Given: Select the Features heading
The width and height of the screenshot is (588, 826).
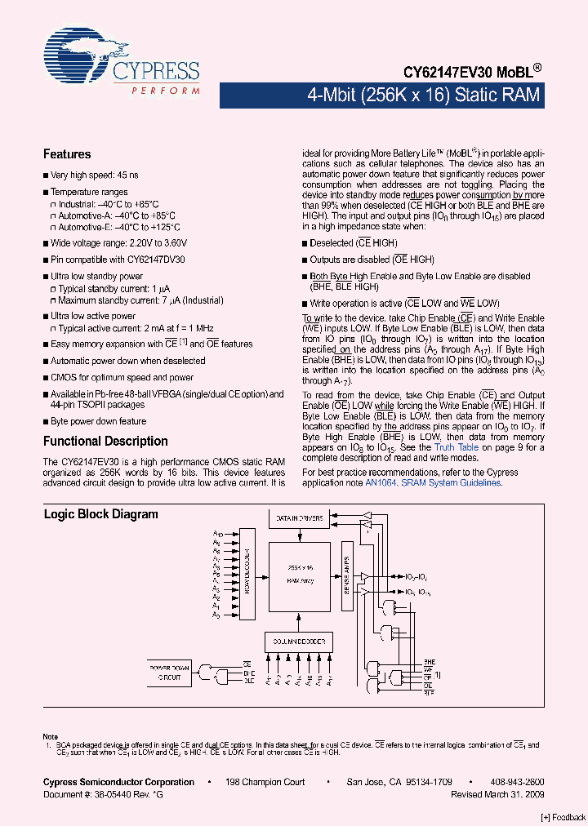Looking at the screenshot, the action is click(x=67, y=154).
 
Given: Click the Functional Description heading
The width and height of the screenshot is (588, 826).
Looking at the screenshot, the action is click(x=105, y=442).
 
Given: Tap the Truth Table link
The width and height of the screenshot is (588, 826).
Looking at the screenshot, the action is click(x=457, y=447).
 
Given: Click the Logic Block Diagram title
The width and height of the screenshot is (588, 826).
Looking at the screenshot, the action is click(x=100, y=514).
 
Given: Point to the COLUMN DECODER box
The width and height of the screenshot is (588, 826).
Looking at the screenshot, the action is click(x=299, y=642).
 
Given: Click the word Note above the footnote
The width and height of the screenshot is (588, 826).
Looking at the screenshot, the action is click(x=51, y=737).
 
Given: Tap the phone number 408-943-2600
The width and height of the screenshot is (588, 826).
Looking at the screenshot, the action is click(x=516, y=782).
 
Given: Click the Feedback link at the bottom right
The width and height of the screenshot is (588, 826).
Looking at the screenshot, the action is click(x=564, y=817).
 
